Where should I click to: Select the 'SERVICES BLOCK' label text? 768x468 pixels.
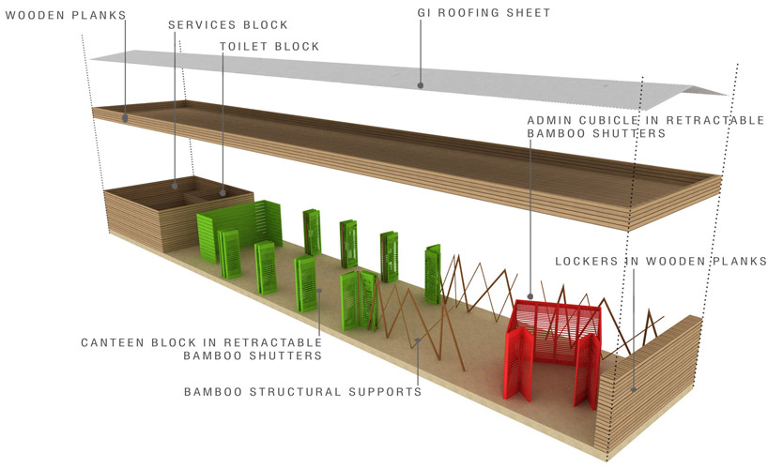coord(228,23)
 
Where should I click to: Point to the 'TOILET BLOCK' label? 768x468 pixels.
coord(270,46)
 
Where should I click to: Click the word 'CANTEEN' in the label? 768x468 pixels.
coord(113,341)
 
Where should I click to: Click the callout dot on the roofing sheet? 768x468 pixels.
coord(421,84)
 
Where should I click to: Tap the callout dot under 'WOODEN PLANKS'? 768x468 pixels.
coord(124,118)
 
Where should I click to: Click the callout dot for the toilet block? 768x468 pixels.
coord(222,193)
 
